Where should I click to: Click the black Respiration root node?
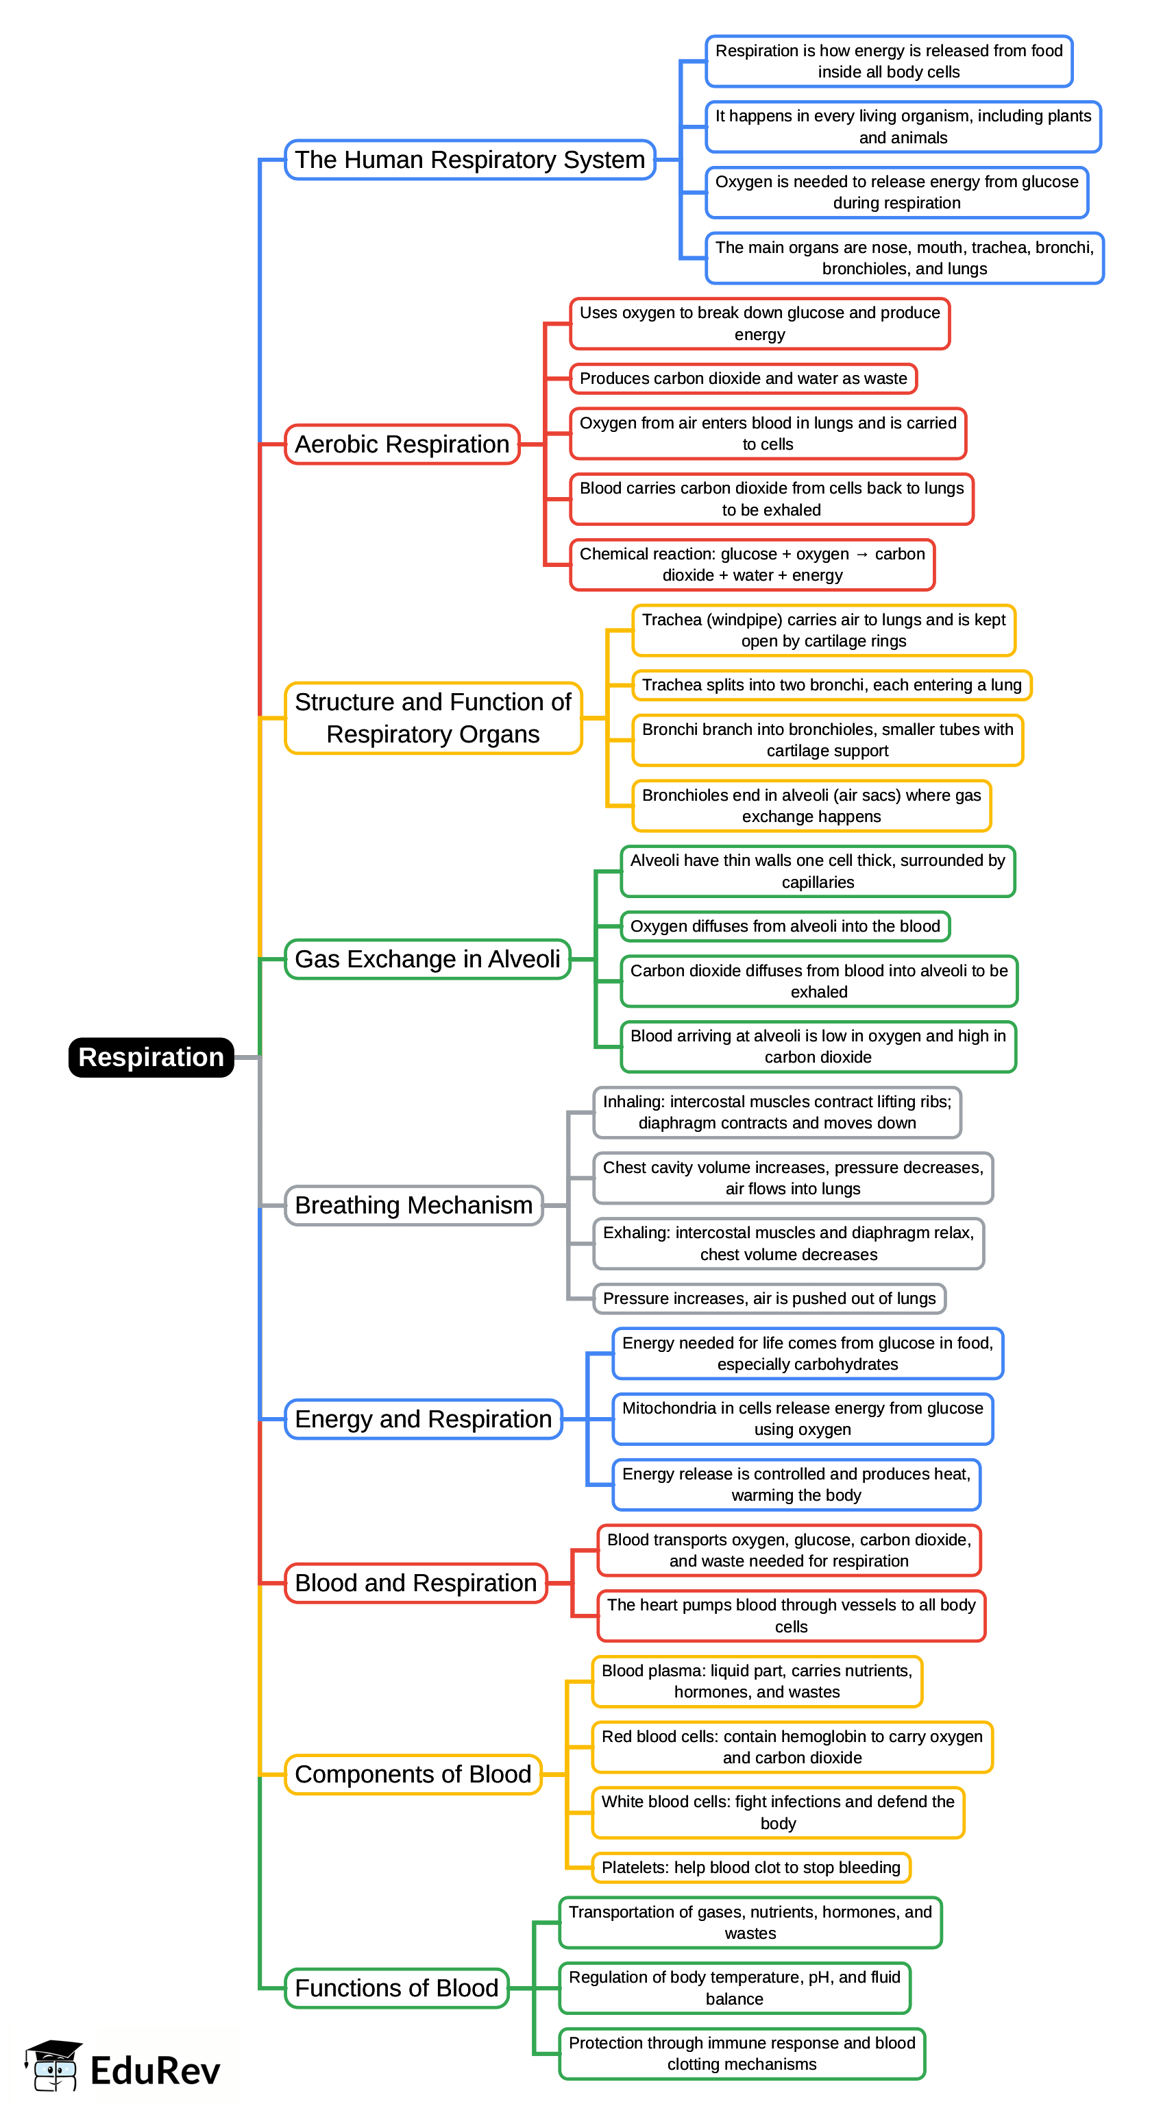tap(151, 1056)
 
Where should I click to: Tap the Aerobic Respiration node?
tap(402, 444)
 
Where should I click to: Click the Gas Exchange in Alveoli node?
tap(427, 959)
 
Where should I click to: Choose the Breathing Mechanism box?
tap(413, 1205)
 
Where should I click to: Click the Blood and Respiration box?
tap(415, 1583)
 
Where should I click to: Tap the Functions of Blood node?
tap(397, 1987)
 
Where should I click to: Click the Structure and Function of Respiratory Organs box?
tap(432, 718)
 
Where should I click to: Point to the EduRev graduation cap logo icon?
tap(53, 2065)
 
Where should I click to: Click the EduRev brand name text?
tap(155, 2070)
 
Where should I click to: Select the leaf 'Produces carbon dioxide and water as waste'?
tap(743, 378)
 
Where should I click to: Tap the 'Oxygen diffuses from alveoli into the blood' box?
tap(785, 926)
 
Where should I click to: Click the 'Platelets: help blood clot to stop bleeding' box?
tap(750, 1867)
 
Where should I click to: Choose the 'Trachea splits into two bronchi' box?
tap(831, 685)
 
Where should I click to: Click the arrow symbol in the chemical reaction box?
tap(861, 554)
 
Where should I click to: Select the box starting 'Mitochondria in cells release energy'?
tap(802, 1418)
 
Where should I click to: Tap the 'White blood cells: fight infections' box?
tap(777, 1812)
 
